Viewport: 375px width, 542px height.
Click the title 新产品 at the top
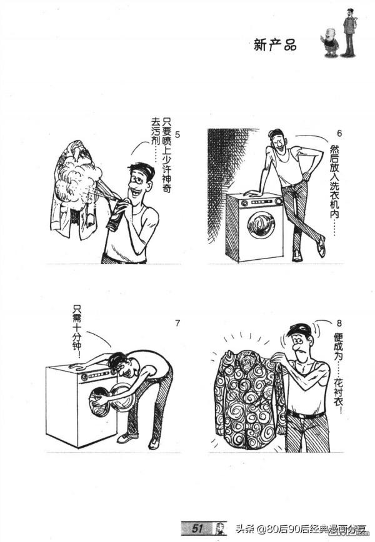click(274, 44)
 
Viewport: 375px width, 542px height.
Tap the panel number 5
click(178, 134)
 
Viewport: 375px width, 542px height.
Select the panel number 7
click(177, 323)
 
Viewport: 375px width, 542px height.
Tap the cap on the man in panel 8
click(299, 329)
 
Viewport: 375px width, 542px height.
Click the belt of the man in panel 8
click(306, 414)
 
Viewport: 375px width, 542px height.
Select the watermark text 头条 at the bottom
click(245, 530)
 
